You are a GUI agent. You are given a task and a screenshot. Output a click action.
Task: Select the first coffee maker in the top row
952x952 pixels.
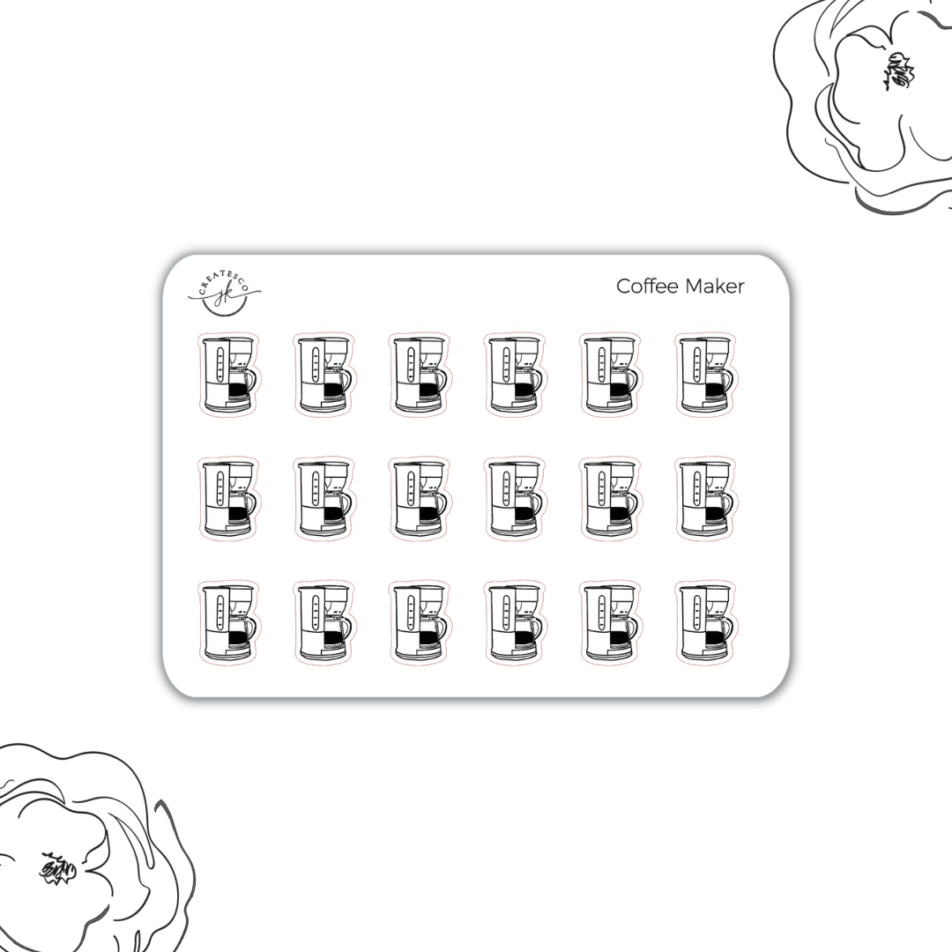point(228,374)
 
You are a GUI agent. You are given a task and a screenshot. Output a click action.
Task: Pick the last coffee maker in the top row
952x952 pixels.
point(705,374)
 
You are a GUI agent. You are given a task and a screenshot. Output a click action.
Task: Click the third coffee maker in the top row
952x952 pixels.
point(419,374)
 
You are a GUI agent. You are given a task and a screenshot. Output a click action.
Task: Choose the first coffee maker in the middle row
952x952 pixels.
point(228,498)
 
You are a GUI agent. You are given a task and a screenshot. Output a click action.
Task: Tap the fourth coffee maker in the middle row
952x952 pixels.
point(515,498)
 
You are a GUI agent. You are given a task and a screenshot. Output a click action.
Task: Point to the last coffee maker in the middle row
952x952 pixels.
point(705,498)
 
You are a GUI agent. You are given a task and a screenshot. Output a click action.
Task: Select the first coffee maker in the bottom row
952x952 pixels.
point(228,622)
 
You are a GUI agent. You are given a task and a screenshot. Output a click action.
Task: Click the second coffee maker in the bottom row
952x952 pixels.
point(324,622)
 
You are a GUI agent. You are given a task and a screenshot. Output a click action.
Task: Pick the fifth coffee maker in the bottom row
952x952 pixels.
point(610,622)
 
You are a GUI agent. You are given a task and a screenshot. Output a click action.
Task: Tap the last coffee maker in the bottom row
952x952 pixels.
point(705,622)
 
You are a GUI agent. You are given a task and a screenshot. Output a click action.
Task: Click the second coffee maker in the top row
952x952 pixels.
point(324,374)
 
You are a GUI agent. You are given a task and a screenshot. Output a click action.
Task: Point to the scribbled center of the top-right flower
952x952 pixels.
point(898,71)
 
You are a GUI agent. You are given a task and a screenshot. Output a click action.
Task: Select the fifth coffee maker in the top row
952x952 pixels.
point(610,374)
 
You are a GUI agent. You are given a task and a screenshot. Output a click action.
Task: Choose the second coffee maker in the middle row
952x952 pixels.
point(324,498)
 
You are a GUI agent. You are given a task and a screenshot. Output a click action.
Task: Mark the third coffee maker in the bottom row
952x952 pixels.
point(419,622)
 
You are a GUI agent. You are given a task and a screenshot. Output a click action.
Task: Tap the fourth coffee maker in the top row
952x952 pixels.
point(515,374)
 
